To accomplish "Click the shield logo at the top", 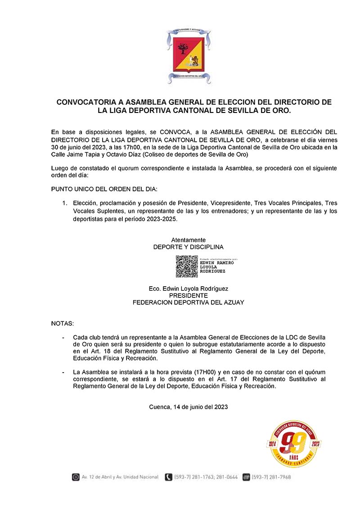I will (188, 56).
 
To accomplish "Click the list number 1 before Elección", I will (64, 203).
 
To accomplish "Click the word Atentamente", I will (188, 240).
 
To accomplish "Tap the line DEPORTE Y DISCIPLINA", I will (188, 247).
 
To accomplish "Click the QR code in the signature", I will (186, 266).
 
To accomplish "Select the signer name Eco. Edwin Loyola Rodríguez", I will (188, 288).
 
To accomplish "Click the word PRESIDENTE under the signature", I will (188, 296).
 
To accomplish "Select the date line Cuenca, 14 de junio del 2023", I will (188, 407).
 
